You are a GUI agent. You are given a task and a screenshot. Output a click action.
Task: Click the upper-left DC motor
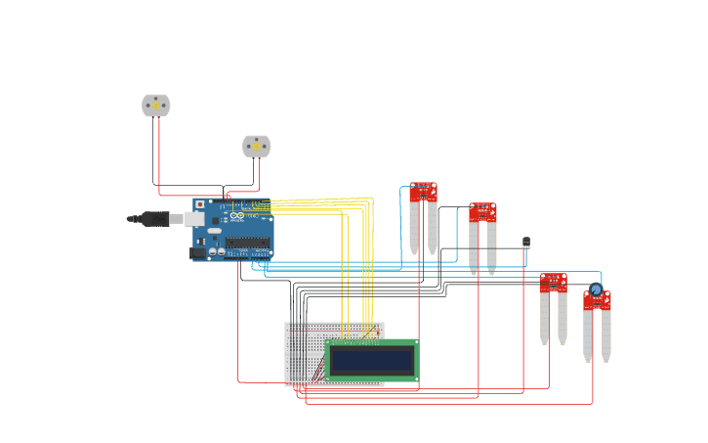point(156,105)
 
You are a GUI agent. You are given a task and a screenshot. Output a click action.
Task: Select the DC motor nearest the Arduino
point(256,147)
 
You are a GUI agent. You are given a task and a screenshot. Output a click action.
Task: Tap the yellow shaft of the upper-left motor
point(156,105)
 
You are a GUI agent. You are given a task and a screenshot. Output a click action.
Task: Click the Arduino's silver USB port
point(194,219)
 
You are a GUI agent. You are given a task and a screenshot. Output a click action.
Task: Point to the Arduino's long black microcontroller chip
point(248,243)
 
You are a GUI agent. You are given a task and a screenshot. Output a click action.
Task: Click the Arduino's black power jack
point(198,252)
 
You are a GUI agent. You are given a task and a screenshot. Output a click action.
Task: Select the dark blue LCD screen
point(371,361)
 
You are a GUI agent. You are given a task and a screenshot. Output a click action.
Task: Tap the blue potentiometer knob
point(596,289)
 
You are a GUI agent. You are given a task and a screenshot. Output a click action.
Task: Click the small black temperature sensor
point(526,242)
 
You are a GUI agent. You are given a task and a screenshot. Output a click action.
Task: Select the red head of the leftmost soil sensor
point(423,192)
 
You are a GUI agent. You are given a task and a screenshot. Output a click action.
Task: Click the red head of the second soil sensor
point(482,212)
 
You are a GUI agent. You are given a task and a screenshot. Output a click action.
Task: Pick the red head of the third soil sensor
point(553,283)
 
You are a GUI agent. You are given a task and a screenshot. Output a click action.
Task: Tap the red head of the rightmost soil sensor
point(597,301)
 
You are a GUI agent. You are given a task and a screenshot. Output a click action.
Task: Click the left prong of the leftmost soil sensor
point(414,229)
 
